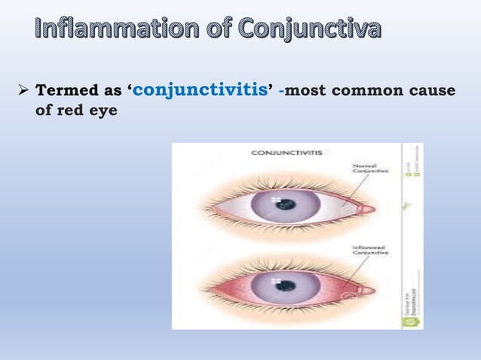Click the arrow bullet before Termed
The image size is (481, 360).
(x=22, y=90)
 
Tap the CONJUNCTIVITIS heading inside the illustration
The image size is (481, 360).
(x=286, y=152)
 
